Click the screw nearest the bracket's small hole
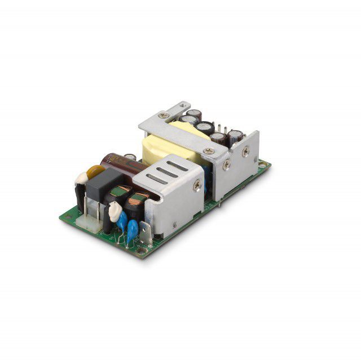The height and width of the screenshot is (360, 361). point(164,115)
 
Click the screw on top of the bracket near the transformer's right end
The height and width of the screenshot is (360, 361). point(209,151)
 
